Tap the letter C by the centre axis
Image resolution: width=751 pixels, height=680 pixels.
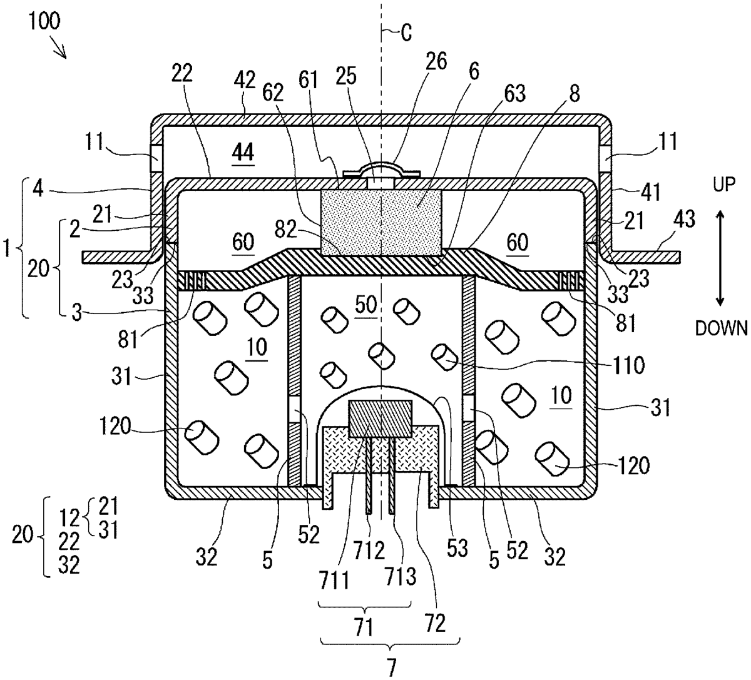click(406, 33)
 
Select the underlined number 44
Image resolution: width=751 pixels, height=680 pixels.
click(243, 152)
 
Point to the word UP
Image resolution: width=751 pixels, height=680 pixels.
click(724, 185)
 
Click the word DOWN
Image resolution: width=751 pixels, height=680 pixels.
click(721, 328)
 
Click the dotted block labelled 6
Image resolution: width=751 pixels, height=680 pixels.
click(381, 223)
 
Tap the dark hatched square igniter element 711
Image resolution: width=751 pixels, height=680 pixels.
click(381, 419)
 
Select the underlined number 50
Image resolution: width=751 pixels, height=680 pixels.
click(365, 305)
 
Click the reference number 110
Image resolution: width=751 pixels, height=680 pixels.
click(628, 365)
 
